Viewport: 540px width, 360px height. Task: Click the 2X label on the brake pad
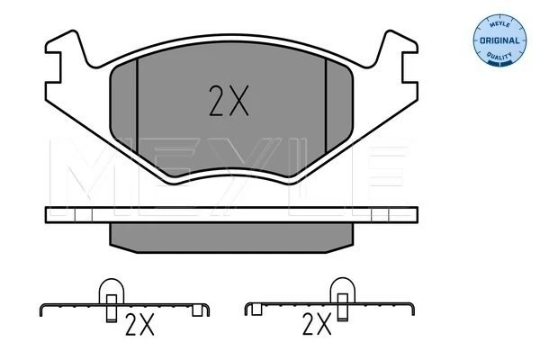coord(229,101)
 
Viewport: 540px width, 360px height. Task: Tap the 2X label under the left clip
coord(139,325)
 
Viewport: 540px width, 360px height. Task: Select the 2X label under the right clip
coord(317,324)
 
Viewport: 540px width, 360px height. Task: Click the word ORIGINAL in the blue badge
coord(499,40)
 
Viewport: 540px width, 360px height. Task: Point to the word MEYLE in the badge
coord(499,24)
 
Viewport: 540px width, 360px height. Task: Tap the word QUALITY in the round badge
coord(499,56)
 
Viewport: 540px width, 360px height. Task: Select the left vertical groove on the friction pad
coord(137,106)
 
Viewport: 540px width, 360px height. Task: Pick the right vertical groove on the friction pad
coord(326,105)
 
